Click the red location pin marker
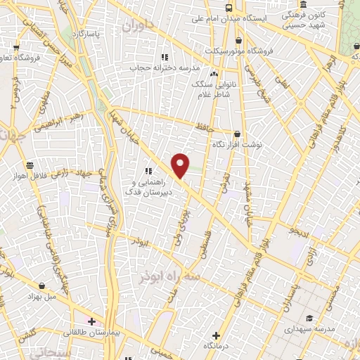[x=181, y=166]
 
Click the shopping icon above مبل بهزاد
[x=43, y=285]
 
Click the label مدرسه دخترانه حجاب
[x=165, y=67]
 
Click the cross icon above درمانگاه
[x=216, y=335]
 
